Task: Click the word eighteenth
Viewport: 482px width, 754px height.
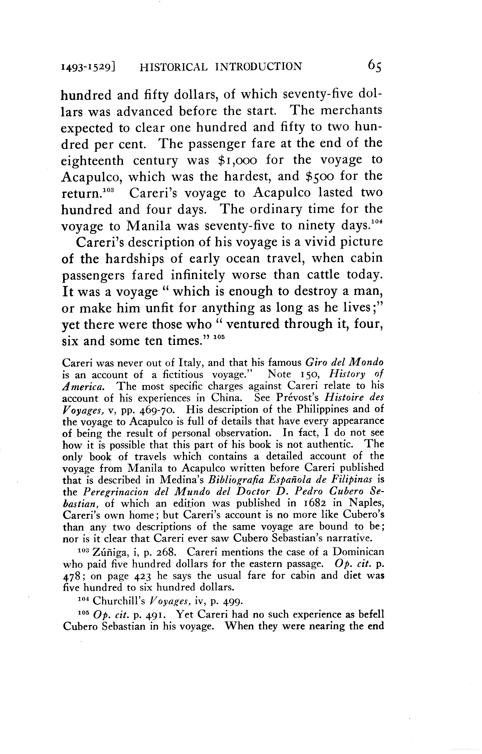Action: click(92, 161)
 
